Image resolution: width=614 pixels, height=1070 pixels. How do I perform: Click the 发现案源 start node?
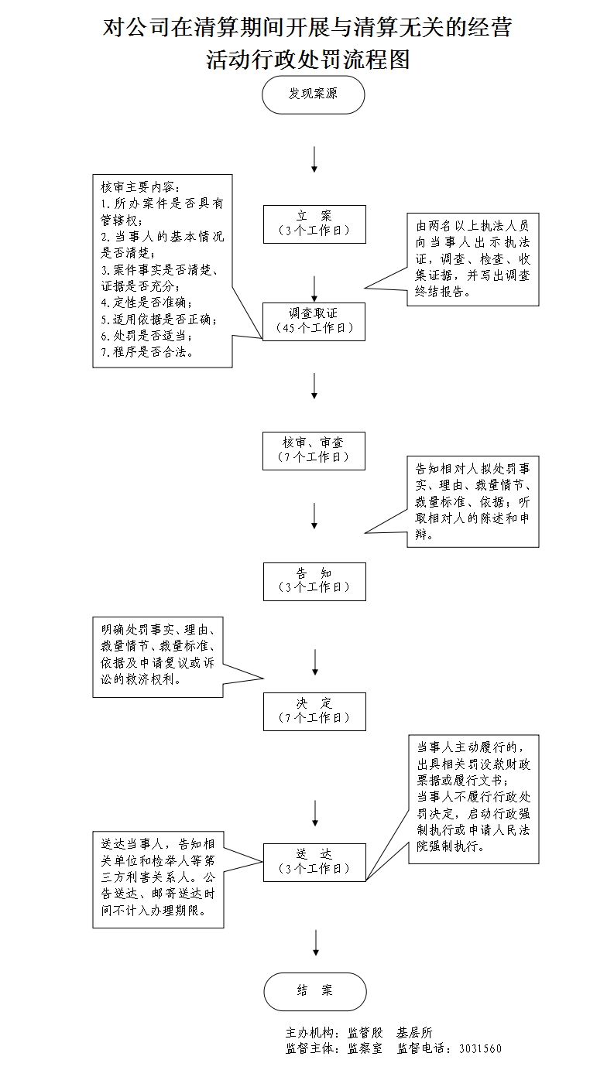pyautogui.click(x=314, y=94)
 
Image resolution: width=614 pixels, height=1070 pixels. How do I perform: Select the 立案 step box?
pyautogui.click(x=314, y=224)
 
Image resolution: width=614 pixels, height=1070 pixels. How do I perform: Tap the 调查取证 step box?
pyautogui.click(x=314, y=320)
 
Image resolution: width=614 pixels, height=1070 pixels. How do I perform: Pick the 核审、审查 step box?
pyautogui.click(x=314, y=450)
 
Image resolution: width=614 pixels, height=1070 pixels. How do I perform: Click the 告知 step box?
pyautogui.click(x=314, y=580)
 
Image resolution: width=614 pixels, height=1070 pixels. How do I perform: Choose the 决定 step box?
pyautogui.click(x=314, y=710)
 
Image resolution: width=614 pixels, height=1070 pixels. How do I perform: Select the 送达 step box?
pyautogui.click(x=314, y=861)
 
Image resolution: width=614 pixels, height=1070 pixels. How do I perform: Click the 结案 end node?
pyautogui.click(x=314, y=991)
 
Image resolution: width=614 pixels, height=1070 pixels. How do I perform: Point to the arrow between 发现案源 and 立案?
pyautogui.click(x=314, y=159)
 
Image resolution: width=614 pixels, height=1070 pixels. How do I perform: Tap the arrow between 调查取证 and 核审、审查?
pyautogui.click(x=314, y=385)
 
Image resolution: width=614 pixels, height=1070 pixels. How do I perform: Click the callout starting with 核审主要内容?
pyautogui.click(x=163, y=270)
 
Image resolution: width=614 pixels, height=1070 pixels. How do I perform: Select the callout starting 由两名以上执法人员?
pyautogui.click(x=472, y=259)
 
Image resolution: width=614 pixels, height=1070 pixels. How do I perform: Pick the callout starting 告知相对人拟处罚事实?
pyautogui.click(x=472, y=501)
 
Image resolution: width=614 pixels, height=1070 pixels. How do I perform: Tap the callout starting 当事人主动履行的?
pyautogui.click(x=472, y=798)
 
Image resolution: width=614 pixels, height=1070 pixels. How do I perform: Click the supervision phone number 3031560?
pyautogui.click(x=480, y=1049)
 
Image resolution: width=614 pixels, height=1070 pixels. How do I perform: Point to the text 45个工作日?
pyautogui.click(x=314, y=327)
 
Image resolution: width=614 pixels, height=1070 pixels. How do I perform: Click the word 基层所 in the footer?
pyautogui.click(x=414, y=1033)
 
